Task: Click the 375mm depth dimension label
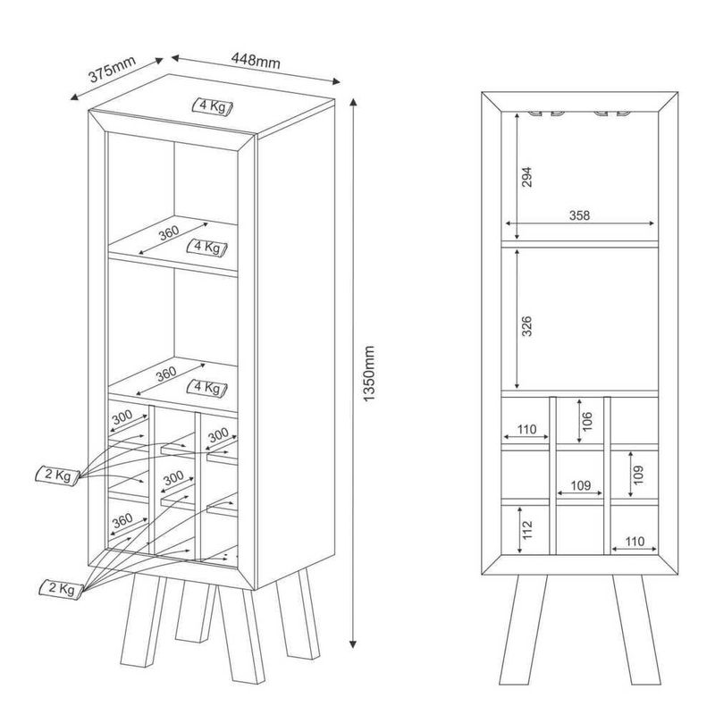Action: coord(113,70)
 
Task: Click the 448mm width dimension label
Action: coord(256,60)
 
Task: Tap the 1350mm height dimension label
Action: coord(368,374)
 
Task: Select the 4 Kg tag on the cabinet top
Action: coord(212,106)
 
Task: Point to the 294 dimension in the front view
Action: coord(526,177)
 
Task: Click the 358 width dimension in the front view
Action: coord(579,214)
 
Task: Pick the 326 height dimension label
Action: coord(526,326)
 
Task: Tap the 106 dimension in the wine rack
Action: coord(587,421)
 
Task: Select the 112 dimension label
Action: coord(527,529)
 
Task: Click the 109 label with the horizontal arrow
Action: coord(580,485)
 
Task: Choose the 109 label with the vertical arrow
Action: coord(638,475)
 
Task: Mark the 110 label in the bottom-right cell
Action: coord(635,542)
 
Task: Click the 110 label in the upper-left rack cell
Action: coord(526,429)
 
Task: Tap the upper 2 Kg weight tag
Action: coord(57,475)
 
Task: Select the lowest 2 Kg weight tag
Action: coord(61,589)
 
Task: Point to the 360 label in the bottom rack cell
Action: coord(122,520)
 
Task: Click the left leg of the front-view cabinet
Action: coord(523,630)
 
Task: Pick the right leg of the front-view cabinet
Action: coord(636,630)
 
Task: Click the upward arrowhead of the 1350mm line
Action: coord(352,102)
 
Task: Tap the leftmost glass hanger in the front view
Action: coord(534,114)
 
